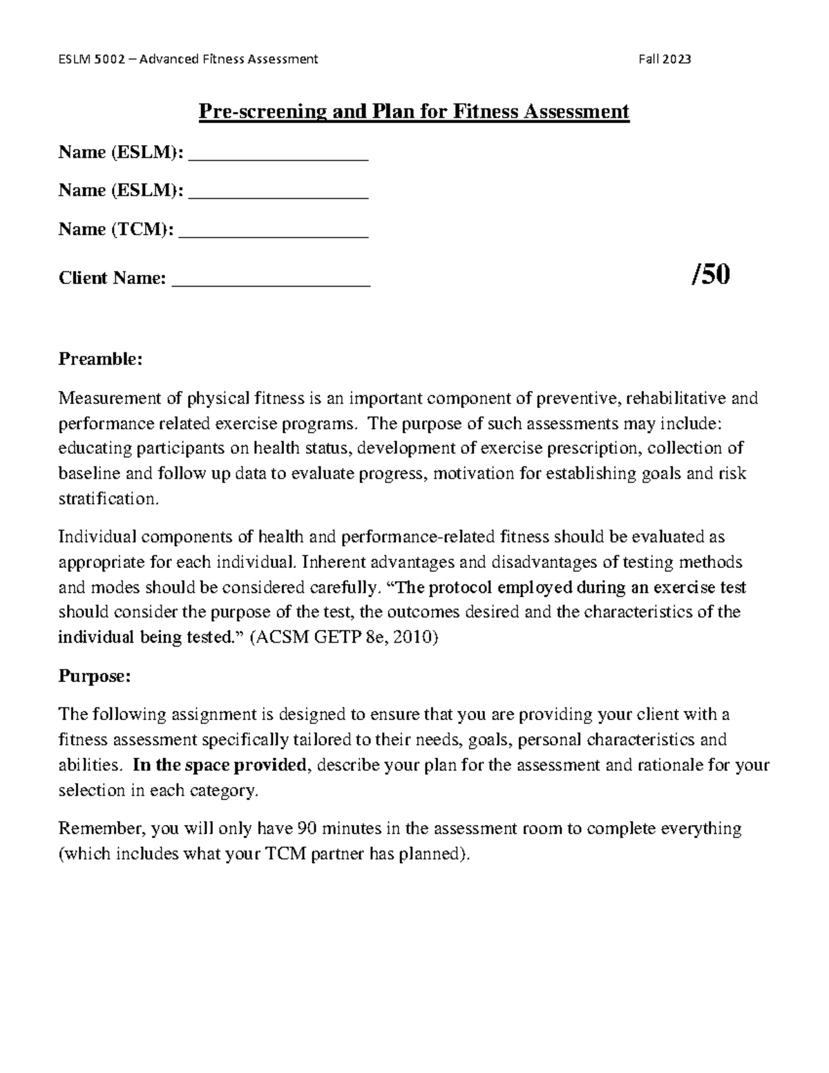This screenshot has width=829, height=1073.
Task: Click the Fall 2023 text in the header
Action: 665,59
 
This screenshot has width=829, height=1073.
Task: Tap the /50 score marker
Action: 710,276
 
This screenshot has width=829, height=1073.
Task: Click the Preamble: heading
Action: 100,359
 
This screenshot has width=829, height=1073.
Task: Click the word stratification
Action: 108,499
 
